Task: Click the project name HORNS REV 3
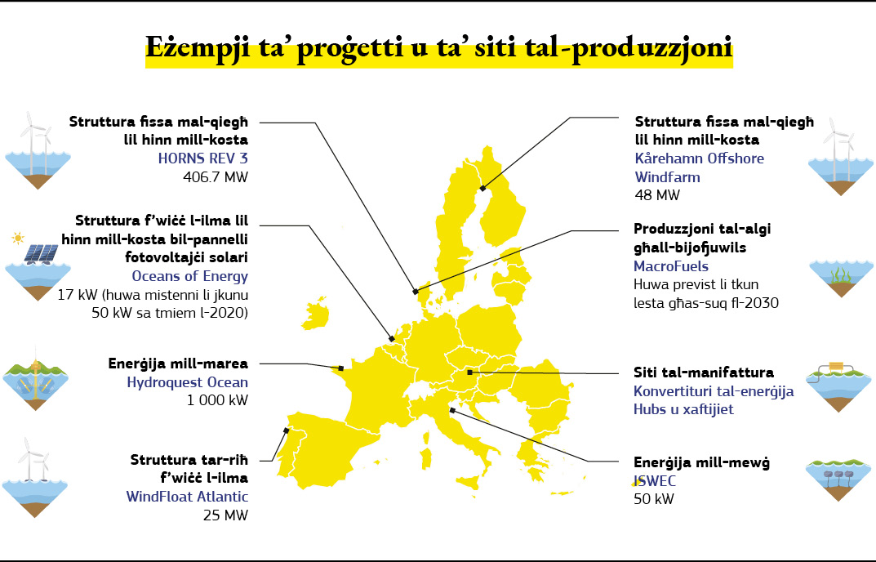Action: pos(202,158)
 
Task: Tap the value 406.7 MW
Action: pos(215,176)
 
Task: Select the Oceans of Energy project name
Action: pos(189,276)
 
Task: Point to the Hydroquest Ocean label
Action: pos(188,381)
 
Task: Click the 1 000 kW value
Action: pos(217,400)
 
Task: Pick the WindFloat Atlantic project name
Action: pos(187,496)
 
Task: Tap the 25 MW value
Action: pos(228,515)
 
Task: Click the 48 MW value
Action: pos(656,195)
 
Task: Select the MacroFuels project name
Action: pos(671,266)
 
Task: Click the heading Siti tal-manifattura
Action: pos(704,372)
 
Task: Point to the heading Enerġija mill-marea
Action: pos(178,364)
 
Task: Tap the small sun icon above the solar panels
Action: pos(18,239)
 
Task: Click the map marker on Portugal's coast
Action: pos(286,430)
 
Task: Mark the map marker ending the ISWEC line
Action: pos(451,411)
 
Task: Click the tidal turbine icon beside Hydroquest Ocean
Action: pos(35,385)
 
